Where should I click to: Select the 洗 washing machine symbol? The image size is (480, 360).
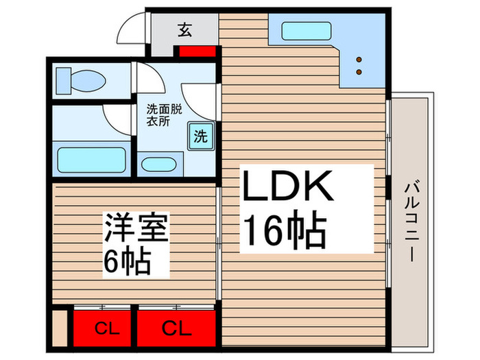pos(200,136)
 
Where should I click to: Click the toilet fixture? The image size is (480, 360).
pos(81,79)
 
